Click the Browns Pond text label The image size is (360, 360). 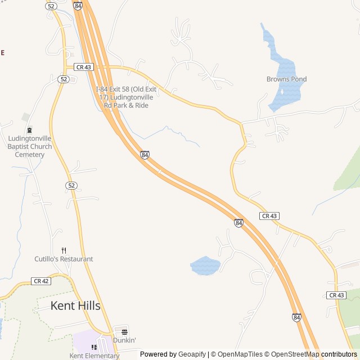[x=286, y=79]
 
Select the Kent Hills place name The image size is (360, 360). [x=75, y=306]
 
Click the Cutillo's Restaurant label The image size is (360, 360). [x=64, y=259]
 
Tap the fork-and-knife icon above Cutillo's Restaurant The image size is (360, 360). [x=64, y=251]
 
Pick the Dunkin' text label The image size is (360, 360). [x=124, y=340]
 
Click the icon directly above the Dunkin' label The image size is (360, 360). [x=124, y=331]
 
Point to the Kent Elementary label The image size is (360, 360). [x=94, y=355]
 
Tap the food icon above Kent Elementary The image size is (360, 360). [x=94, y=347]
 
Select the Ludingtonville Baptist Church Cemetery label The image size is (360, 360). [x=30, y=146]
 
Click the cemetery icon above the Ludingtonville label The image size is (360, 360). [x=29, y=130]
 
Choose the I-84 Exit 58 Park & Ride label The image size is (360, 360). [x=126, y=97]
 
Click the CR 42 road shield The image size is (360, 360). [x=42, y=281]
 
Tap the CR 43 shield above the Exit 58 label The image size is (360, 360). [x=83, y=67]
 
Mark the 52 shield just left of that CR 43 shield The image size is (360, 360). [x=64, y=79]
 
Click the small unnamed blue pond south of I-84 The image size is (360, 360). [x=205, y=265]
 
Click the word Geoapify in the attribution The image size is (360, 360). [x=192, y=354]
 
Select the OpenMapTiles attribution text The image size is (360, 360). [x=240, y=354]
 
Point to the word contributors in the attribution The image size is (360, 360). [x=339, y=354]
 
